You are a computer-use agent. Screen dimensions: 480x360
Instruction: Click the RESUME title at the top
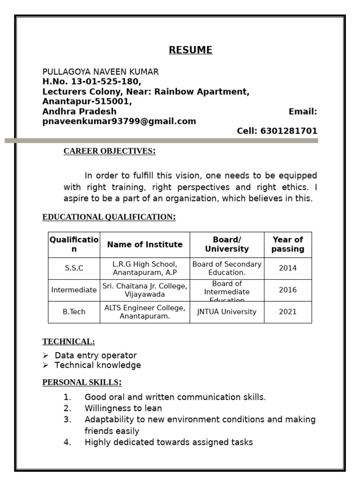[190, 50]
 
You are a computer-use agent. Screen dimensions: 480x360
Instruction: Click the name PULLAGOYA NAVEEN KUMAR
[100, 72]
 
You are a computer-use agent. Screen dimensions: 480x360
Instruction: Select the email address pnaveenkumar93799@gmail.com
[119, 121]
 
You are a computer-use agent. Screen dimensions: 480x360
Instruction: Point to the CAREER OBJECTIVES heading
[109, 151]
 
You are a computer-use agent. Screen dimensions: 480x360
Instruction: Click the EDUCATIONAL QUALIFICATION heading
[109, 217]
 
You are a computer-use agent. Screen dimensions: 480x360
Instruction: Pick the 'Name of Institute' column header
[145, 244]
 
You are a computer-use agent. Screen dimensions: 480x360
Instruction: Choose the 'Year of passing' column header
[288, 244]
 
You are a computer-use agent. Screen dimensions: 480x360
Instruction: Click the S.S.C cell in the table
[74, 268]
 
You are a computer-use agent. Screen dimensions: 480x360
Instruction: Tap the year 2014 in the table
[288, 268]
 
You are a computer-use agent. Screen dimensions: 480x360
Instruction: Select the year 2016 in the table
[288, 290]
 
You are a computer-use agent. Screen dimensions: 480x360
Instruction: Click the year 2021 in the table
[288, 312]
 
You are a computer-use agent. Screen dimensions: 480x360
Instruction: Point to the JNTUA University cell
[227, 312]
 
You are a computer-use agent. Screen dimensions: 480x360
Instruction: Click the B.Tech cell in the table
[74, 312]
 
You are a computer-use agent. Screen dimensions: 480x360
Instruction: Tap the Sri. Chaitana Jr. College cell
[145, 290]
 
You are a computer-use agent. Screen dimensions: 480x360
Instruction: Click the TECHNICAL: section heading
[68, 342]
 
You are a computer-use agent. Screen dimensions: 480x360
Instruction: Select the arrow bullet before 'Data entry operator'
[45, 356]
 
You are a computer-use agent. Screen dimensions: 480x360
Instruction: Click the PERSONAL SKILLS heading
[82, 382]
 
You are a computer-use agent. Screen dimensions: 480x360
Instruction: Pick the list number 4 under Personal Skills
[67, 442]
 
